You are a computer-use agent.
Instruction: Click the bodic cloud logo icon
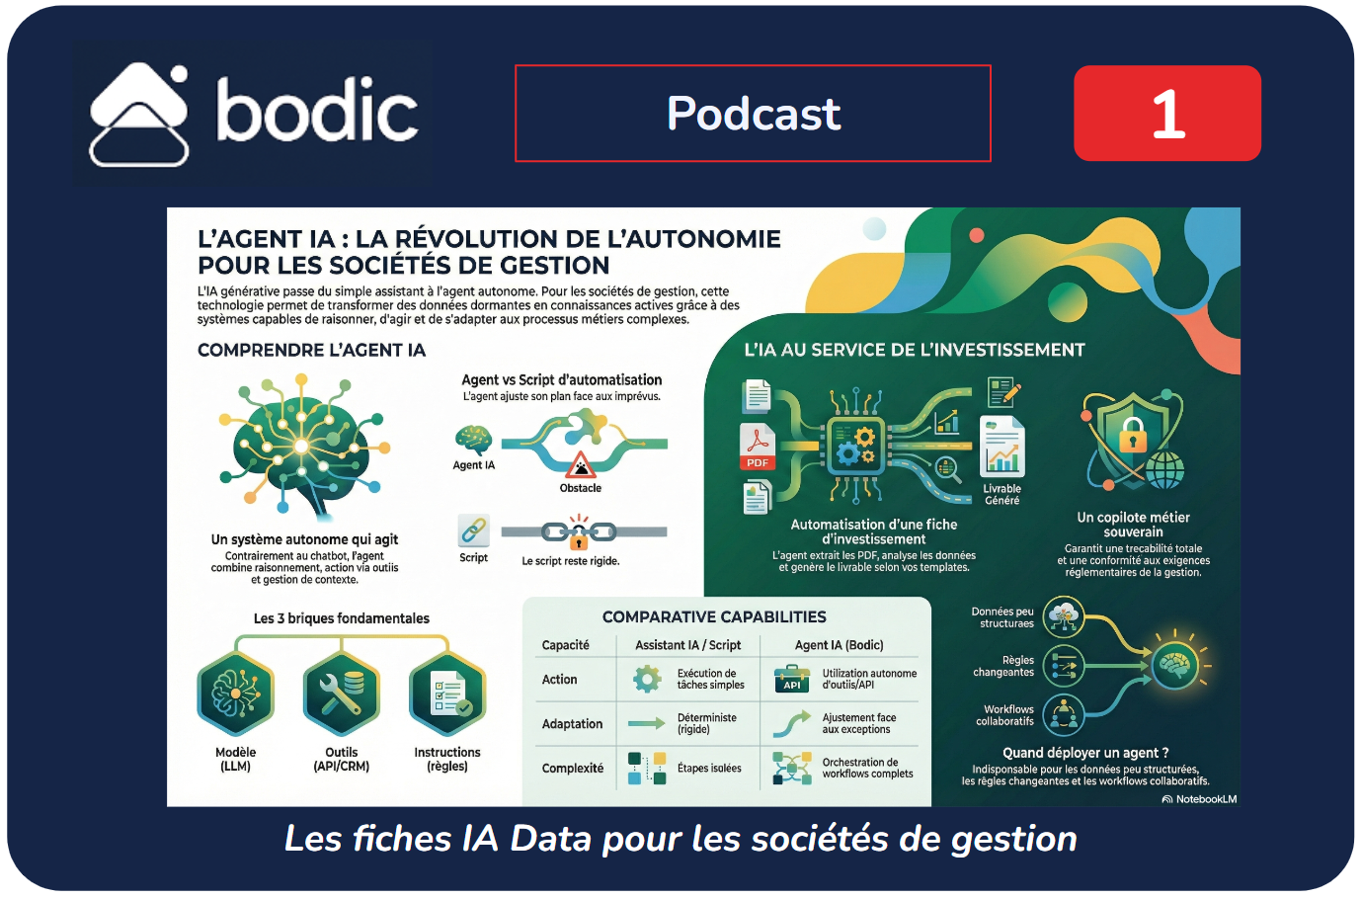coord(139,115)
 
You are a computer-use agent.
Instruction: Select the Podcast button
coord(753,114)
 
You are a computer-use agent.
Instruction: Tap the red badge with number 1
coord(1166,114)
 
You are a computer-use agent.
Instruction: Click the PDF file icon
coord(758,448)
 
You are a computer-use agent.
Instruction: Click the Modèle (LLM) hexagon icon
coord(235,695)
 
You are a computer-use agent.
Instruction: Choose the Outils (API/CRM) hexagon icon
coord(341,695)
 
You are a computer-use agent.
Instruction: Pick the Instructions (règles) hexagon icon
coord(447,695)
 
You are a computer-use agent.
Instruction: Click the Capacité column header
coord(565,645)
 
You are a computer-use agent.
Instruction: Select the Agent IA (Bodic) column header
coord(839,645)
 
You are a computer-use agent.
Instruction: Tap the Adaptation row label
coord(572,724)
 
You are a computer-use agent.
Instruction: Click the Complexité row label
coord(572,769)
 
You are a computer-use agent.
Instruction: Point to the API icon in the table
coord(792,679)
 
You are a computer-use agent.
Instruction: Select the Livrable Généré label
coord(1001,495)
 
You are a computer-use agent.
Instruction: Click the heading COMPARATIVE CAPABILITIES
coord(714,617)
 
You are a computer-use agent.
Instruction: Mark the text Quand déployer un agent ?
coord(1085,753)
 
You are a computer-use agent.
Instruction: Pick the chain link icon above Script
coord(473,531)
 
